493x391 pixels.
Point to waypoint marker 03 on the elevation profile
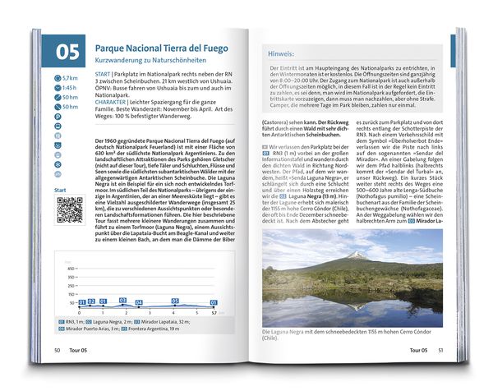click(x=122, y=301)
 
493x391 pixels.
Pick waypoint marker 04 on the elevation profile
click(x=142, y=303)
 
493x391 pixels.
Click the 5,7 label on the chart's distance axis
click(x=214, y=313)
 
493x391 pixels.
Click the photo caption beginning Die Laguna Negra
click(x=345, y=332)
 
